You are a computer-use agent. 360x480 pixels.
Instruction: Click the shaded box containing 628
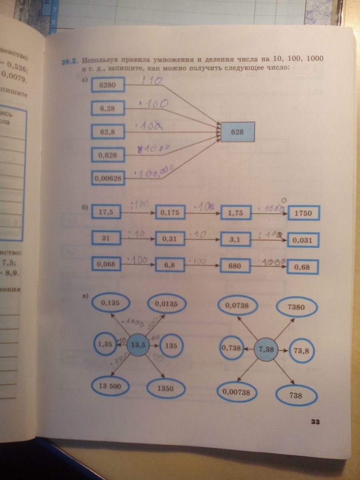point(238,132)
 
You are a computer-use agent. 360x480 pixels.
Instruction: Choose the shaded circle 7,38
point(266,349)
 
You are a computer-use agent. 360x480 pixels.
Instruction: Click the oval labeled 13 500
point(113,387)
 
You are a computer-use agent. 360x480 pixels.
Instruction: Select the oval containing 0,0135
point(168,304)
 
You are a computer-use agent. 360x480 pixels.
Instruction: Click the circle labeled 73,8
point(302,351)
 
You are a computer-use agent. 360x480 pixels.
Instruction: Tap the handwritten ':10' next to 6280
point(152,81)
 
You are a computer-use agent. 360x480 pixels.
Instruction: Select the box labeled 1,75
point(236,214)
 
